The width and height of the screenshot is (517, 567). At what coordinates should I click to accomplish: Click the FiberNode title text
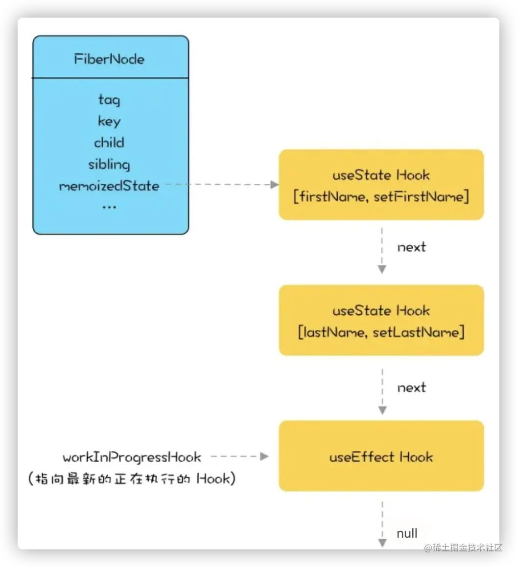click(x=109, y=59)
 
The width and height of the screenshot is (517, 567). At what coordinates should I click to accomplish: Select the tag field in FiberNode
click(x=109, y=100)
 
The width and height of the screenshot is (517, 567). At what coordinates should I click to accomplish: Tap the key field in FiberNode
click(x=109, y=121)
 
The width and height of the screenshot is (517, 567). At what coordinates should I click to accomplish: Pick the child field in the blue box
click(x=109, y=143)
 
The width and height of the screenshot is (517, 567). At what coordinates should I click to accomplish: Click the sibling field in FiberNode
click(x=109, y=164)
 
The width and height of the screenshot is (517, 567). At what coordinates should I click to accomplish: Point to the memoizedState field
click(x=109, y=186)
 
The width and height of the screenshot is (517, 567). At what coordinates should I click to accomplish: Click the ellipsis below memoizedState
click(x=109, y=207)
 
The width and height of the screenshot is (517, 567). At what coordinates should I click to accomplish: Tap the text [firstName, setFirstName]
click(x=381, y=197)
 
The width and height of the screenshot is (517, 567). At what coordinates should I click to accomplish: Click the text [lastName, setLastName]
click(x=381, y=333)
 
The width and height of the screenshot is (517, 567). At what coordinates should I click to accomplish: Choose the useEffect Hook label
click(x=381, y=457)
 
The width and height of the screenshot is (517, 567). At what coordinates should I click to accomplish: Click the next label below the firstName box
click(x=411, y=247)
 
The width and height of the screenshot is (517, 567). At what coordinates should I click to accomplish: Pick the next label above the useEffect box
click(x=411, y=388)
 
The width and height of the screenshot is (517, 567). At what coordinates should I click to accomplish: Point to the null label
click(x=407, y=533)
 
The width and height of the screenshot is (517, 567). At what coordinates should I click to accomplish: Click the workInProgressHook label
click(x=132, y=458)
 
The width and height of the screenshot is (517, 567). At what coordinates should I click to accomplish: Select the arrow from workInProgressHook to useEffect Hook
click(x=240, y=457)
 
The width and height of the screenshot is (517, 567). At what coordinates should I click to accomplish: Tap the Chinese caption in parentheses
click(x=132, y=479)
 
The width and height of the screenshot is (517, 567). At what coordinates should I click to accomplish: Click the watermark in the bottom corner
click(x=463, y=547)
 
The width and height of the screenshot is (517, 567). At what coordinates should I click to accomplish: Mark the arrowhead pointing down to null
click(x=382, y=543)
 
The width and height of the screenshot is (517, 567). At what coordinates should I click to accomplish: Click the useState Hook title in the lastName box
click(x=381, y=311)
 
